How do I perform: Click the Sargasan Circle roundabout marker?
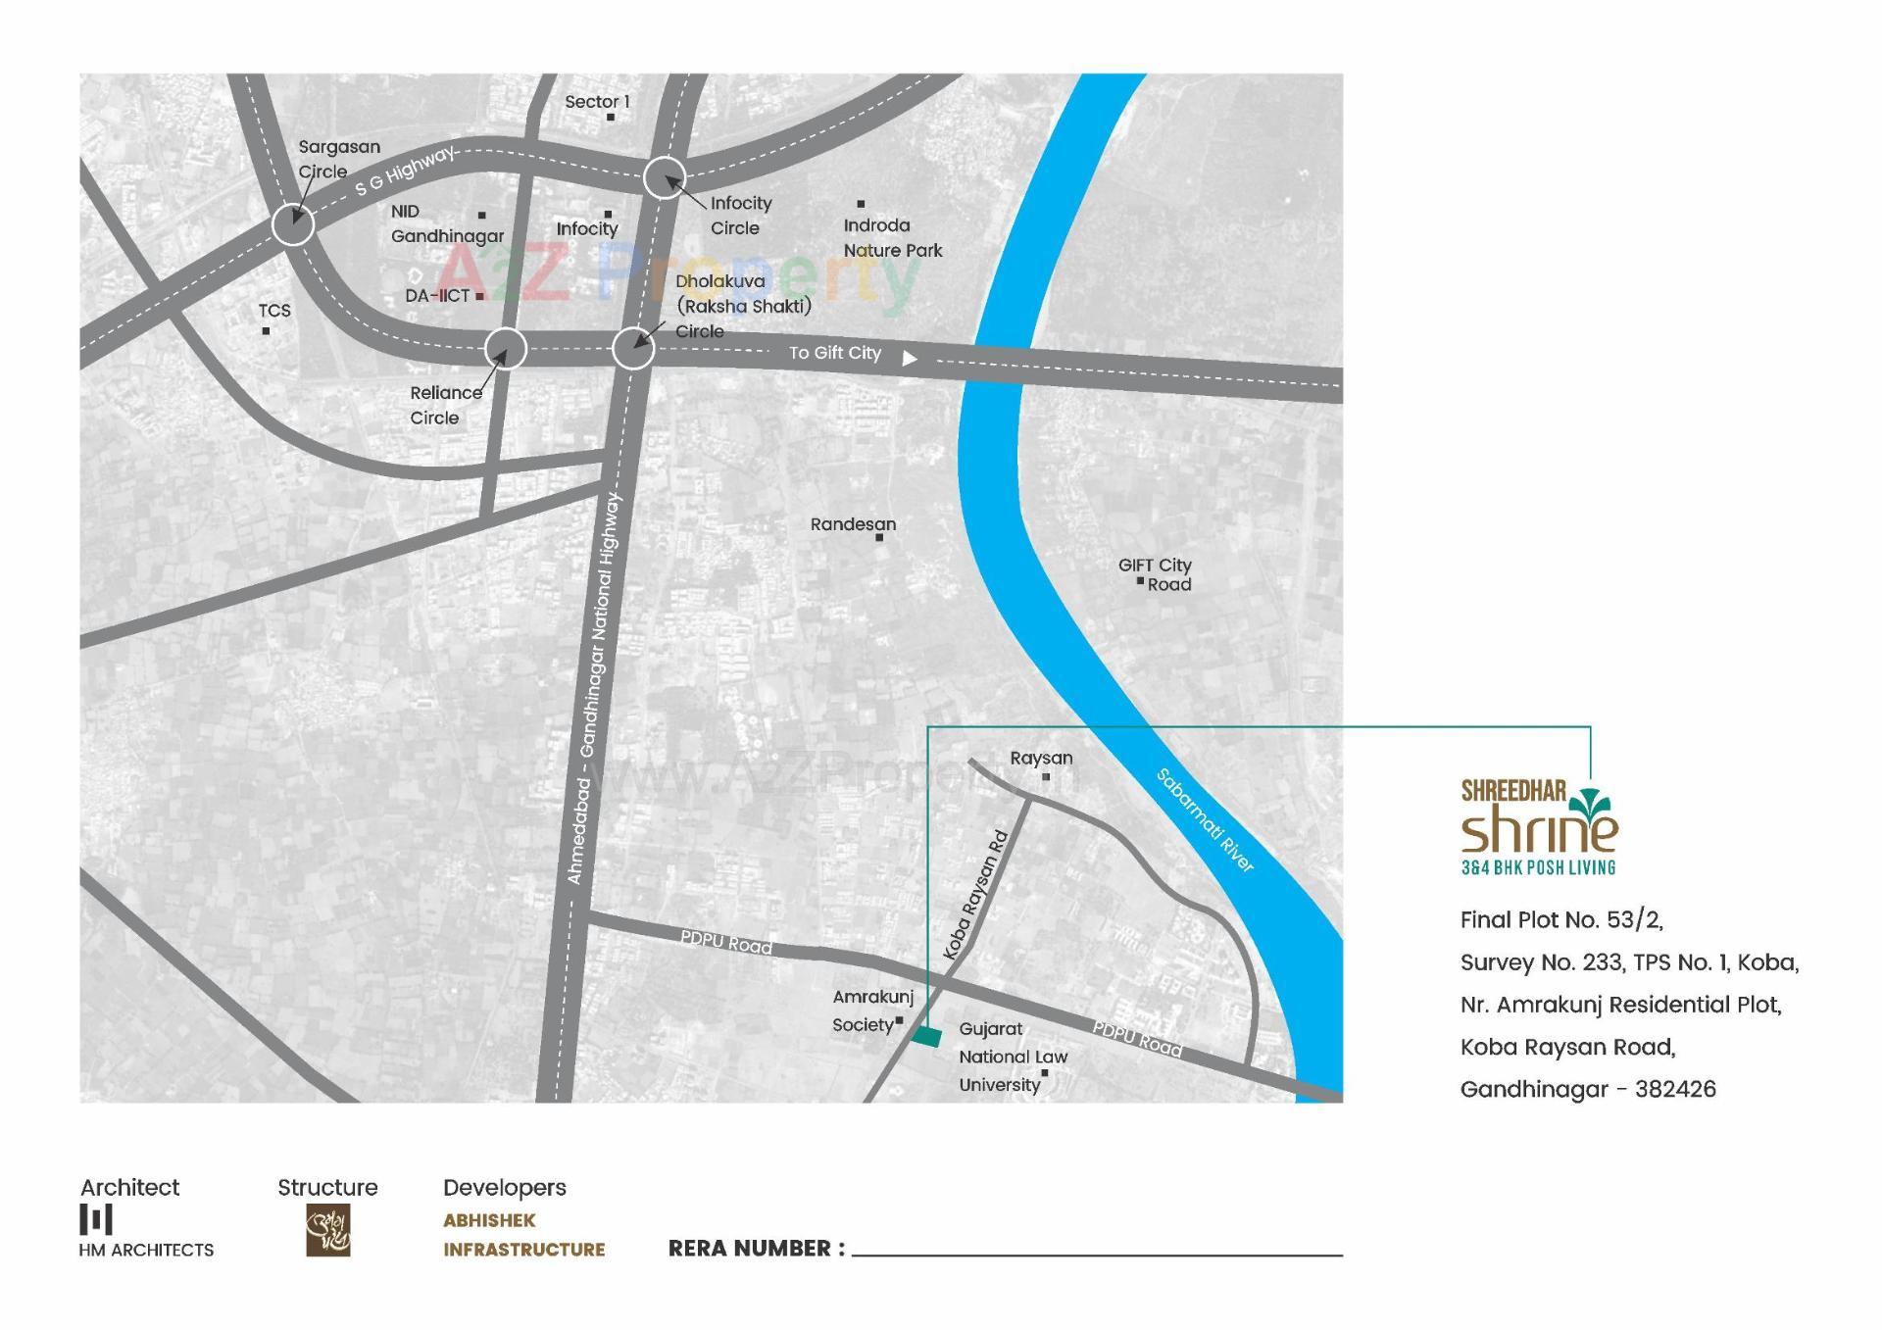point(292,223)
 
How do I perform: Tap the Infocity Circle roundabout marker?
point(664,178)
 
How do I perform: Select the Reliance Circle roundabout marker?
point(506,348)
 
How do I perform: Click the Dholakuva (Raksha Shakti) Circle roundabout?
point(633,348)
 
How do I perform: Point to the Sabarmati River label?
point(1206,820)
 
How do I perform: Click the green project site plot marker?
point(926,1036)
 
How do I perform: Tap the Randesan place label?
point(853,524)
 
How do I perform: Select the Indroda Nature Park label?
point(892,238)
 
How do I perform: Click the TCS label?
point(274,311)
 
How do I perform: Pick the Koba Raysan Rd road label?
point(975,895)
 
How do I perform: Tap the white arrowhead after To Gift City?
point(910,359)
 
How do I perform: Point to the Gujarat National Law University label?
point(1012,1057)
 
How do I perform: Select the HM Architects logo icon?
point(96,1220)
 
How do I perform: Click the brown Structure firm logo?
point(327,1231)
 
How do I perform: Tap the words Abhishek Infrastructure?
point(523,1235)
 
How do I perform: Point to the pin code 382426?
point(1675,1089)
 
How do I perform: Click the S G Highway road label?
point(405,172)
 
